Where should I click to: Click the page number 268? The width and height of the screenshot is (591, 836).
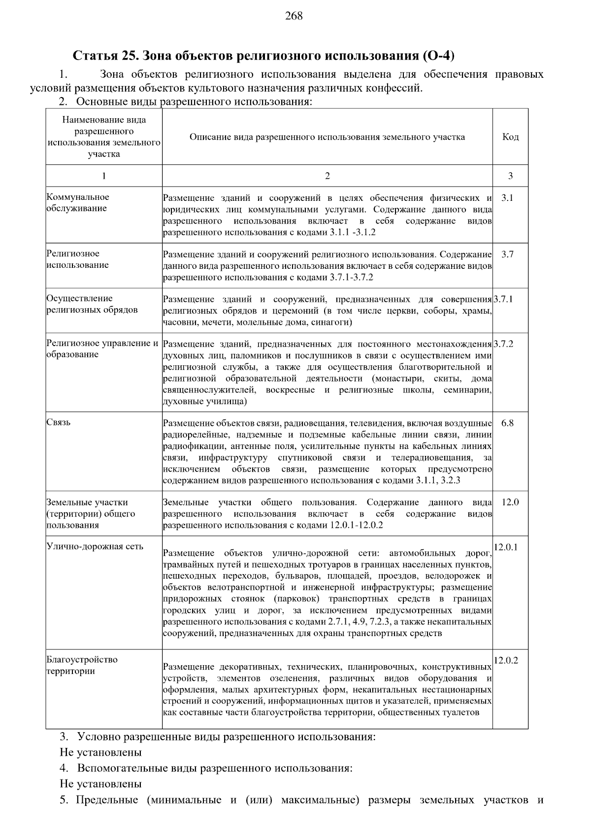(x=294, y=16)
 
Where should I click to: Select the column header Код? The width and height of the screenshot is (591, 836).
(x=510, y=137)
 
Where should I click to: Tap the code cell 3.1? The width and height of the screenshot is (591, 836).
(x=507, y=198)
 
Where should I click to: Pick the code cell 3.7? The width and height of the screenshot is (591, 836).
(x=507, y=255)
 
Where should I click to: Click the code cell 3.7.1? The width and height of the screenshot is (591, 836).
(x=503, y=299)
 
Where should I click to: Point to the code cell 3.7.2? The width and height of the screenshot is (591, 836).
(x=503, y=344)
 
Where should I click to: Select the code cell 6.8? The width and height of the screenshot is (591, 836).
(x=507, y=423)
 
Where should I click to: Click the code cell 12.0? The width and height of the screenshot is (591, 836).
(x=510, y=502)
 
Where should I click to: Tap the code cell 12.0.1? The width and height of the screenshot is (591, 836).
(x=506, y=547)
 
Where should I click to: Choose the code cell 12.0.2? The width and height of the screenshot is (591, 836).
(x=506, y=661)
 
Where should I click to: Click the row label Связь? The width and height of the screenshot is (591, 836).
(x=59, y=423)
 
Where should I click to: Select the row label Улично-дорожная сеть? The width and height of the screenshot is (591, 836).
(x=95, y=547)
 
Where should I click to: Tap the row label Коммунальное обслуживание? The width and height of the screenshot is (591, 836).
(x=78, y=202)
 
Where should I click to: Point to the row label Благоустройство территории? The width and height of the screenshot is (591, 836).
(x=82, y=665)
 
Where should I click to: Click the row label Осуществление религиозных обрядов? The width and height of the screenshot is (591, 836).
(x=92, y=304)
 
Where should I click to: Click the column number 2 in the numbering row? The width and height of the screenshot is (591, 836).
(x=328, y=176)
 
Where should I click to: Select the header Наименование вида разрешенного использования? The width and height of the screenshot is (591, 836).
(x=104, y=137)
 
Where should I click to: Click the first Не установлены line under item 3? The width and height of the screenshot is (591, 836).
(x=100, y=752)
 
